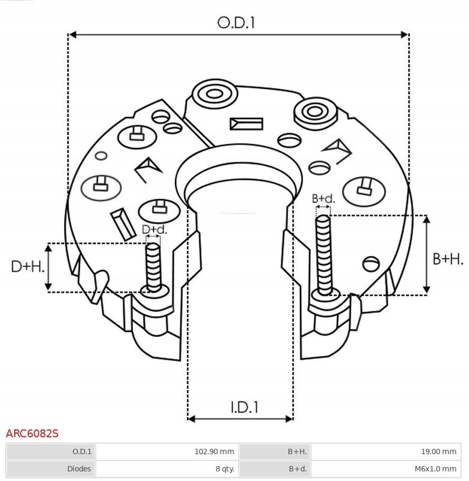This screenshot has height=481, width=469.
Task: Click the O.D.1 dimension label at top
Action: coord(236,23)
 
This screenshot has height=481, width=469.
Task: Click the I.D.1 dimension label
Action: coord(244,407)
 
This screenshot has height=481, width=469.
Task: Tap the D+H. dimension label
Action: coord(28,266)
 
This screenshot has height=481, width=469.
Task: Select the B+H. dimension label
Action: coord(449,259)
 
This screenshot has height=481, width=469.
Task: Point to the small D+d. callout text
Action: coord(154,229)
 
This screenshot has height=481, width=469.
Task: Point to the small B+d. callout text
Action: coord(323,198)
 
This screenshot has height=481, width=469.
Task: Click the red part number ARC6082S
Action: coord(32,433)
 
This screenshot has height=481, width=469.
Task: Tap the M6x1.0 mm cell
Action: coord(435,468)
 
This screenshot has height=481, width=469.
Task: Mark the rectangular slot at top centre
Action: coord(247,124)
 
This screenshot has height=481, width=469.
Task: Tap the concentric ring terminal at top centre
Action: coord(212,95)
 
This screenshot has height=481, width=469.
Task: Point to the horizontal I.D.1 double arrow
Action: coord(241,418)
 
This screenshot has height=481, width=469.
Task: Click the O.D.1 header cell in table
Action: coord(82,452)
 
